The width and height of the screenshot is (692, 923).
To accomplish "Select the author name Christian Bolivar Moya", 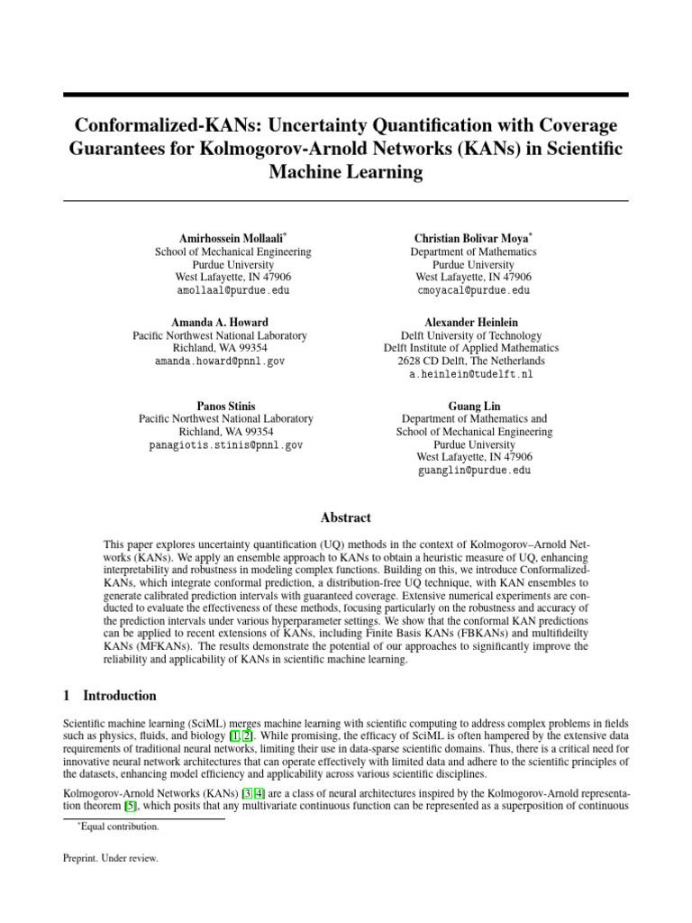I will pyautogui.click(x=472, y=238).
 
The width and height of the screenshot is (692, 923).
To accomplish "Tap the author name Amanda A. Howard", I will pyautogui.click(x=219, y=322).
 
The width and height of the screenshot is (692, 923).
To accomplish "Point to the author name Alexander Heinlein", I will pyautogui.click(x=471, y=322).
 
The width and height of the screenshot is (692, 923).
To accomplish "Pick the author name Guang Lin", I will pyautogui.click(x=473, y=406).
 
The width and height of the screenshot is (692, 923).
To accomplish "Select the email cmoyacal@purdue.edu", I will pyautogui.click(x=473, y=291).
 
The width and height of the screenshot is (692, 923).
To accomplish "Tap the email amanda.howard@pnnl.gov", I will pyautogui.click(x=219, y=361).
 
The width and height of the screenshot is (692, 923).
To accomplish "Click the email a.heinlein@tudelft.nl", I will pyautogui.click(x=471, y=373).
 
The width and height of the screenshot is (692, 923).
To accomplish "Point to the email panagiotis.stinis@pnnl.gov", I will pyautogui.click(x=225, y=444).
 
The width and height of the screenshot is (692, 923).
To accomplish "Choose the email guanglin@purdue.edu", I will pyautogui.click(x=473, y=471).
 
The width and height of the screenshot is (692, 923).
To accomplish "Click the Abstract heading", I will pyautogui.click(x=346, y=517).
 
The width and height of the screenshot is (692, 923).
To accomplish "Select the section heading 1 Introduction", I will pyautogui.click(x=109, y=696).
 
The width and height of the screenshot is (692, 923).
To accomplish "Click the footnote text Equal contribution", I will pyautogui.click(x=117, y=826).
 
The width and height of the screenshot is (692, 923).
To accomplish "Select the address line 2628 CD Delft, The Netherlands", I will pyautogui.click(x=471, y=361).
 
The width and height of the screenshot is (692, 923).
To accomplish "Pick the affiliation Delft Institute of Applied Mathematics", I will pyautogui.click(x=471, y=348).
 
